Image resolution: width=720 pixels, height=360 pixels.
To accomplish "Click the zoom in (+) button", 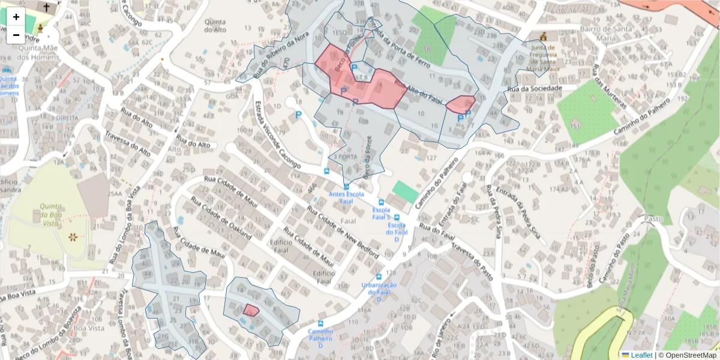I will pyautogui.click(x=16, y=17).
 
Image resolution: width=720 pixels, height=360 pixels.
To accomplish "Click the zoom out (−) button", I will pyautogui.click(x=16, y=35).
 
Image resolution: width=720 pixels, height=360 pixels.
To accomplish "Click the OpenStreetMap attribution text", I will pyautogui.click(x=688, y=355).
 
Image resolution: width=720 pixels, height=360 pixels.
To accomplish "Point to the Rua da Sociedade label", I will pyautogui.click(x=535, y=89).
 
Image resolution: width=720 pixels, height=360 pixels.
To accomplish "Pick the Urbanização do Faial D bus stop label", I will pyautogui.click(x=379, y=292).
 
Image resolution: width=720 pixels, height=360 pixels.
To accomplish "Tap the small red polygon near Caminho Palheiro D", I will pyautogui.click(x=251, y=310).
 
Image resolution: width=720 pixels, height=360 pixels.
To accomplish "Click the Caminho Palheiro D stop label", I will pyautogui.click(x=320, y=338).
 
